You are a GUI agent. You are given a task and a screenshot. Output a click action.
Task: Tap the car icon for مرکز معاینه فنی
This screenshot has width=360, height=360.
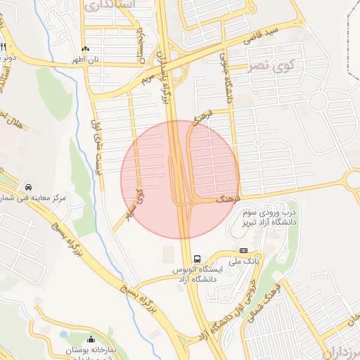(x=29, y=188)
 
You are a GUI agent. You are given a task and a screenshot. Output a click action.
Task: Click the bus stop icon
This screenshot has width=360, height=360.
(x=197, y=258)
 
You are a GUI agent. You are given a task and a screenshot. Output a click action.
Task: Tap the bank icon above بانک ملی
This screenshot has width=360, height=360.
(x=243, y=250)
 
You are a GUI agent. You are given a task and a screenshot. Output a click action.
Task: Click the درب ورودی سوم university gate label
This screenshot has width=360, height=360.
(x=271, y=218)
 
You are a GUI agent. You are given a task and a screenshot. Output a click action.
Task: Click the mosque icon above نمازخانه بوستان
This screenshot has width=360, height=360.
(x=91, y=340)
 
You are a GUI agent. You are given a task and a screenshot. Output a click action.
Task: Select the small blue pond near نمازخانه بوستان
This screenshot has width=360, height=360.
(x=65, y=335)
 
